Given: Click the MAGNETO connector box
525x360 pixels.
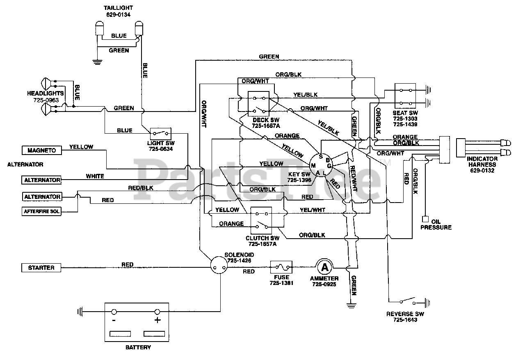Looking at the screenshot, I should [x=41, y=150].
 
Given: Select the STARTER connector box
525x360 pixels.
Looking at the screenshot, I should [x=41, y=268].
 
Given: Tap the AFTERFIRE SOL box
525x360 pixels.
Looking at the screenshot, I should [x=41, y=212].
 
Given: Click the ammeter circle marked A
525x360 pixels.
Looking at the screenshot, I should [x=325, y=267].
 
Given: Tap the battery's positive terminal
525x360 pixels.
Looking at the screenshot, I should [x=157, y=312].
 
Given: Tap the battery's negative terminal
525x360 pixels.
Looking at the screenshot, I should [x=114, y=312].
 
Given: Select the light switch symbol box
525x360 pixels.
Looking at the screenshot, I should [x=161, y=133].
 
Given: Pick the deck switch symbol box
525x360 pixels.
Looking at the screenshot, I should [x=259, y=104].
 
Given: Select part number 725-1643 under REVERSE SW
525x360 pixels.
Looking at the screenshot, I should [x=405, y=320].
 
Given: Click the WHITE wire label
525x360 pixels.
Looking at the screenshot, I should [x=95, y=176].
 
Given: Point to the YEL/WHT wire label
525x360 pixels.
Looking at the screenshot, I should [x=313, y=210].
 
